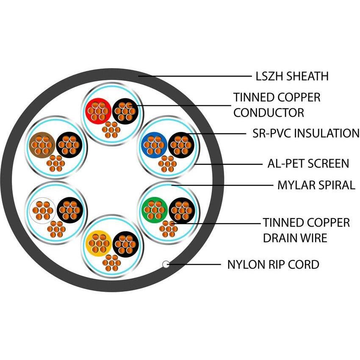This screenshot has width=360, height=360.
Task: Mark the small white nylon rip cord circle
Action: (x=166, y=265)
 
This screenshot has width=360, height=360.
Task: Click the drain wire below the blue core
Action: (x=168, y=164)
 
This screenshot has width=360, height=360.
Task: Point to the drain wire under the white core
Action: (x=56, y=229)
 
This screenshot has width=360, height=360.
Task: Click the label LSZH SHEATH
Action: (x=292, y=76)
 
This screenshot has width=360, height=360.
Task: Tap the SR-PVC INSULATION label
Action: (x=303, y=133)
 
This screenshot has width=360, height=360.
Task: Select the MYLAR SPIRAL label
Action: (x=316, y=185)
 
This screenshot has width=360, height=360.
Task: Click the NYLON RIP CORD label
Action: (x=273, y=265)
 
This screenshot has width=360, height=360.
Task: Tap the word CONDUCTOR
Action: (x=269, y=113)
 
